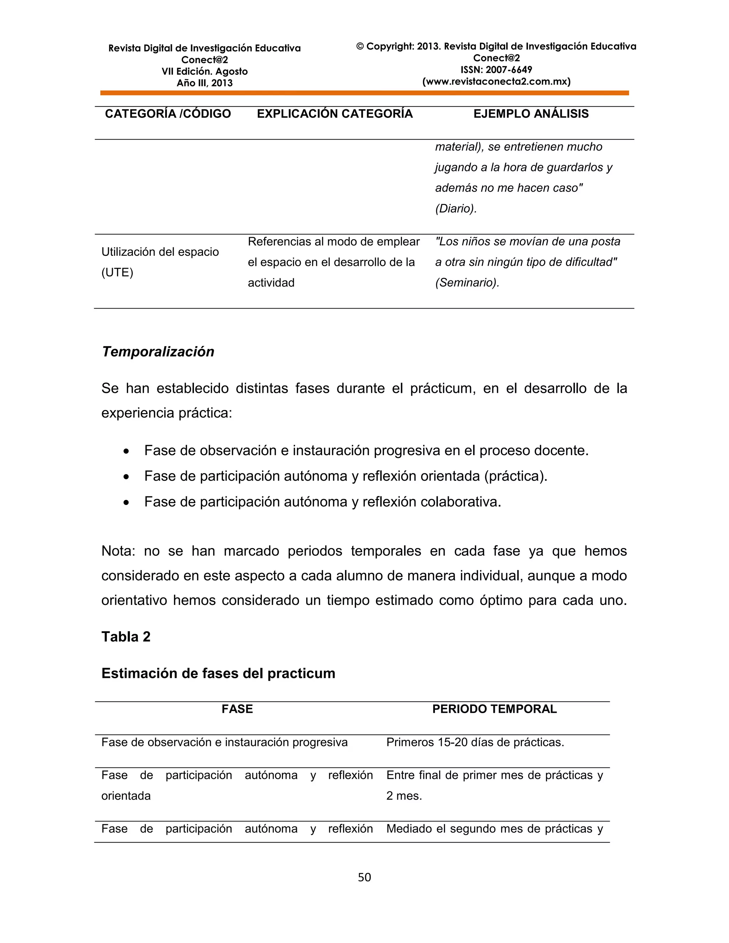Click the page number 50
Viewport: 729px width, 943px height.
pos(364,877)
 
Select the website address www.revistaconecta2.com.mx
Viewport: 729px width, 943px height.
pos(496,81)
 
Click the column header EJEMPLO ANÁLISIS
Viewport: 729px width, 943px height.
pos(531,114)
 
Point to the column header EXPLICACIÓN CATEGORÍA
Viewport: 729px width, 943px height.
pos(335,114)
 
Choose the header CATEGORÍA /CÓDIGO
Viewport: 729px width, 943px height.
pos(168,114)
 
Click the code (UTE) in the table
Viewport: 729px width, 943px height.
pos(117,273)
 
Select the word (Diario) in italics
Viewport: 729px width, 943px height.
pos(456,209)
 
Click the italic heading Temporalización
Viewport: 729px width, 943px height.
pos(158,352)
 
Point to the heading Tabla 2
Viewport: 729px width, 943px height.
pos(126,637)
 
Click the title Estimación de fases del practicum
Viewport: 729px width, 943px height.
pos(218,673)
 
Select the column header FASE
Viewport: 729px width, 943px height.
pos(237,709)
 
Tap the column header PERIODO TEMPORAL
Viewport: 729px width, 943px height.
pos(494,709)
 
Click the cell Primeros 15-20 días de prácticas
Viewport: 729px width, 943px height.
pos(475,742)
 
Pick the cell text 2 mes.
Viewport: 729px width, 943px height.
pos(404,796)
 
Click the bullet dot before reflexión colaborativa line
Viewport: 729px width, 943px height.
pos(126,502)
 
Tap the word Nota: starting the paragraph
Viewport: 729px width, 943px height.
pos(118,551)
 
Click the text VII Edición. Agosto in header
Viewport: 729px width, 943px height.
pos(204,71)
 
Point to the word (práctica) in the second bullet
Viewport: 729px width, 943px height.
pos(515,476)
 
